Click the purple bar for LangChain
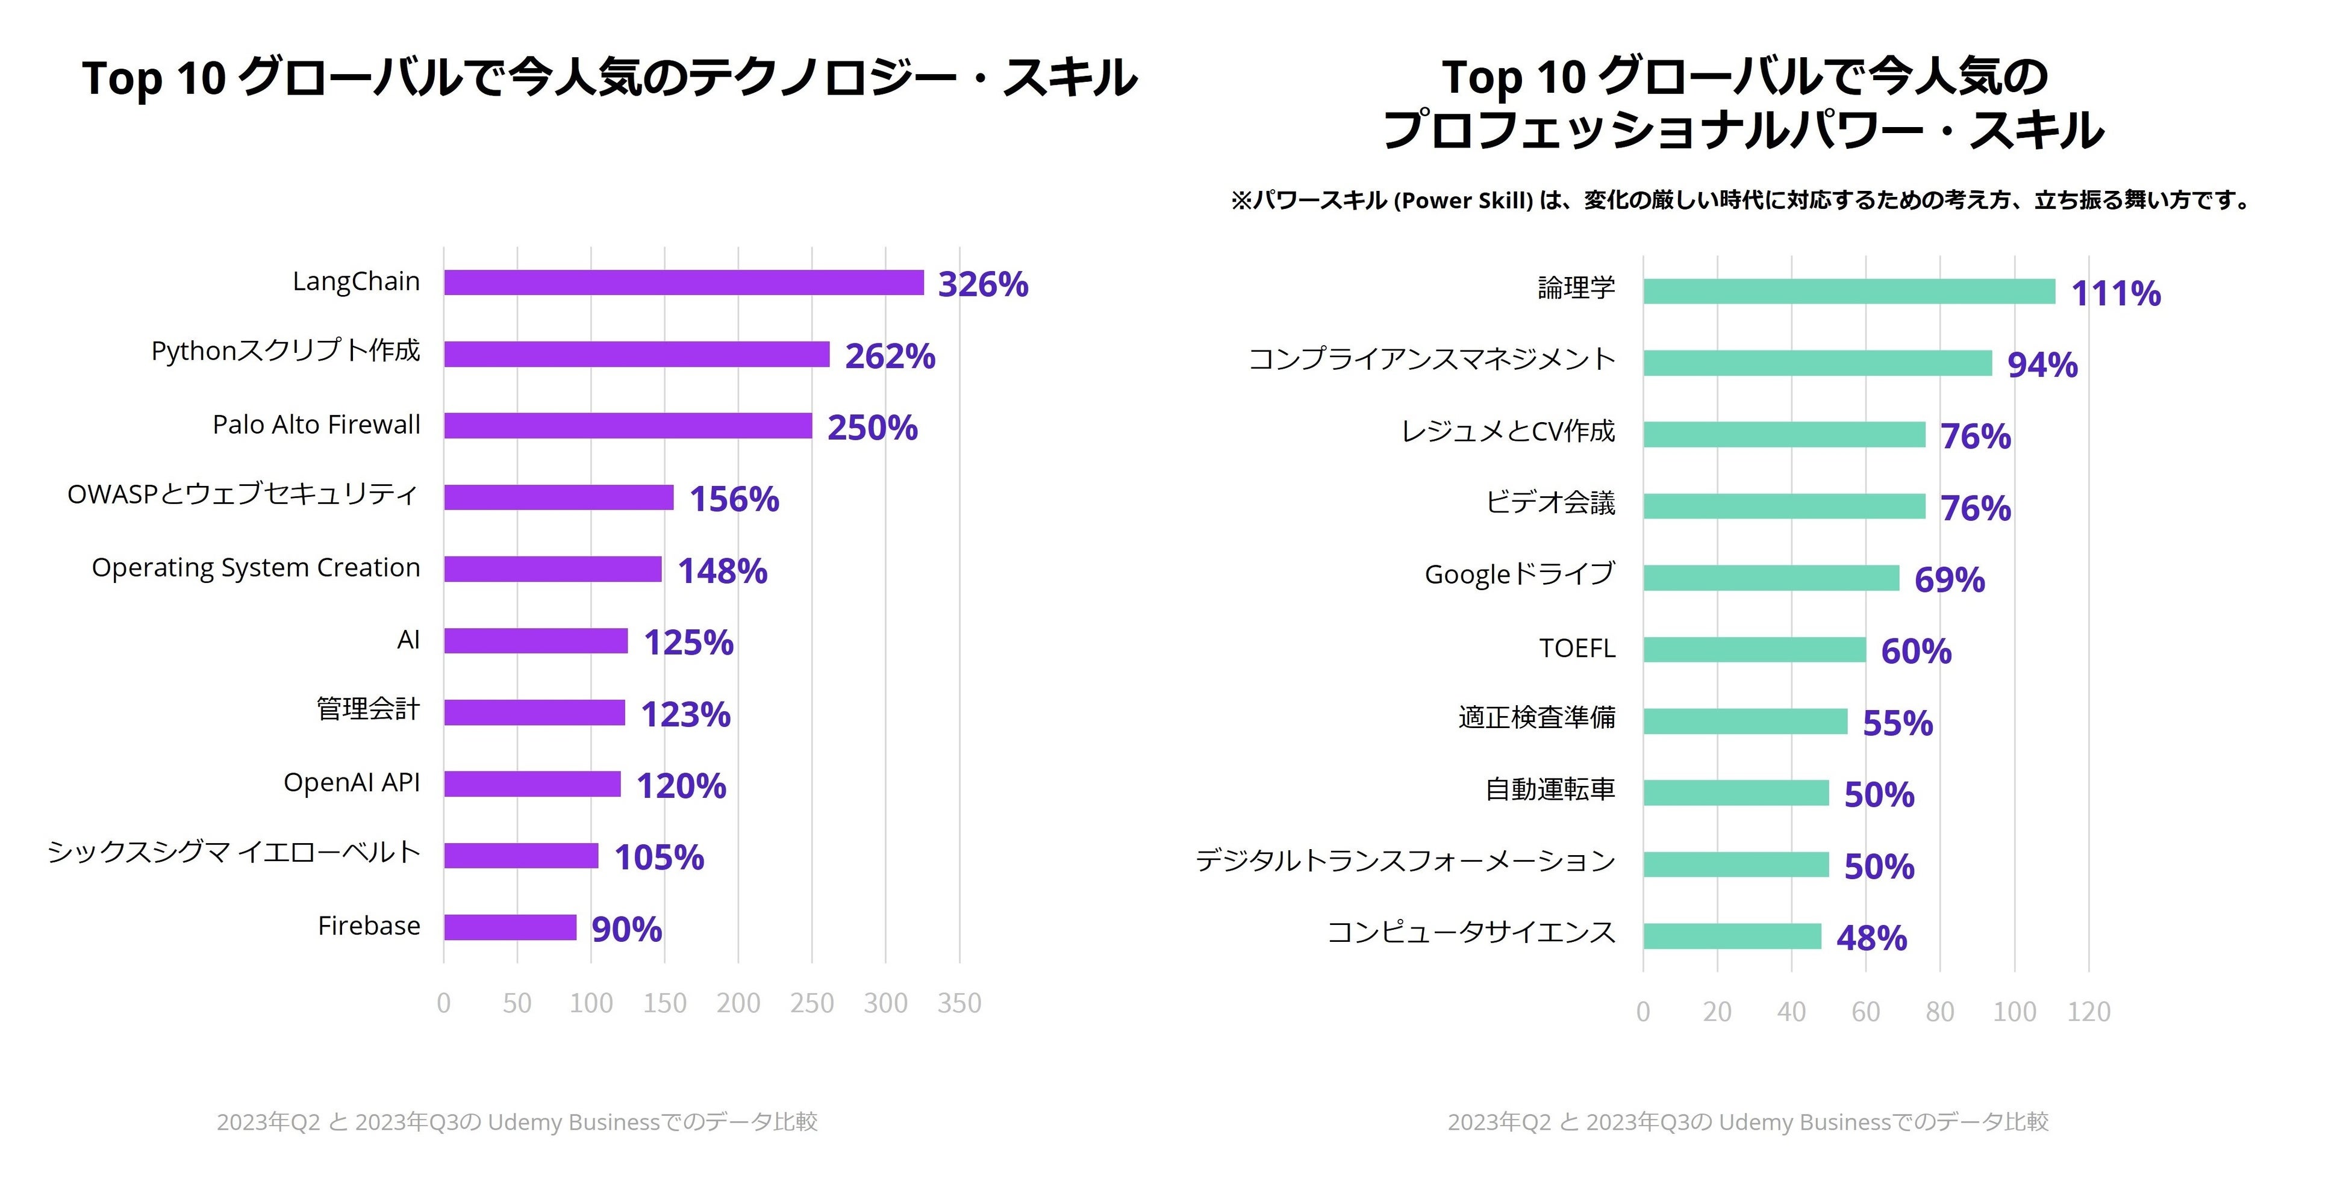[x=684, y=282]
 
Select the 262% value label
[x=890, y=356]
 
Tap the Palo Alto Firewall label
[x=316, y=425]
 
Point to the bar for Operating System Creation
[x=552, y=569]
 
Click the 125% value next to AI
[x=688, y=642]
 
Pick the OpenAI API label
[x=352, y=782]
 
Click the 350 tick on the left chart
[x=959, y=1003]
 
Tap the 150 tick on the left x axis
[x=665, y=1003]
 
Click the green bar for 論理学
[x=1849, y=292]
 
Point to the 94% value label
[x=2042, y=365]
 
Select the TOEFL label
[x=1577, y=649]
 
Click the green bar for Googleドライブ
[x=1771, y=578]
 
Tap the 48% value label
[x=1871, y=938]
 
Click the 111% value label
[x=2115, y=294]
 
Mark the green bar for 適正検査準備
[x=1745, y=721]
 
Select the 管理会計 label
[x=369, y=709]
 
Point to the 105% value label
[x=658, y=858]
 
